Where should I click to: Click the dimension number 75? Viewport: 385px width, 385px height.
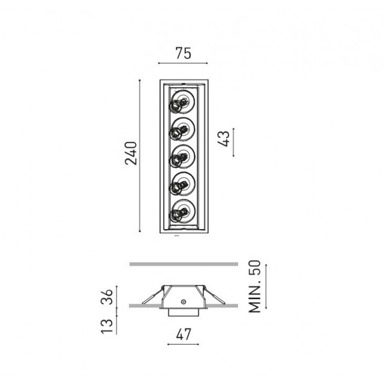183,53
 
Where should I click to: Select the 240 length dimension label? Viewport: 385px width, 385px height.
131,153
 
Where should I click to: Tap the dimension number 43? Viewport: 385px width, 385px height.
224,139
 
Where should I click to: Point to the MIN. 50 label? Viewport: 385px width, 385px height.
254,286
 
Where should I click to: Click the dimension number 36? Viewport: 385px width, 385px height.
107,297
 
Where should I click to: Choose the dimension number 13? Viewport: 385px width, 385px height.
107,326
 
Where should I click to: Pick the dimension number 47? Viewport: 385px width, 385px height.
184,334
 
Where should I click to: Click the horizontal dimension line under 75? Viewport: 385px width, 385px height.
183,63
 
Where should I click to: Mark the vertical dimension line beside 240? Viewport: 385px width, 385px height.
140,156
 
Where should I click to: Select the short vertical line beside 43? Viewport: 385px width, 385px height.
234,142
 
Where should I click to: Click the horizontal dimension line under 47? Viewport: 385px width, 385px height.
183,344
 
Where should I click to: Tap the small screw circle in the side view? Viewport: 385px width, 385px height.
183,302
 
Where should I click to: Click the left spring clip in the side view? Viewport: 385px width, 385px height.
153,297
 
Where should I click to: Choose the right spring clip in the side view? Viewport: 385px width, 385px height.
214,297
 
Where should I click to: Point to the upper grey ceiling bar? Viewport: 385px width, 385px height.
184,264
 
